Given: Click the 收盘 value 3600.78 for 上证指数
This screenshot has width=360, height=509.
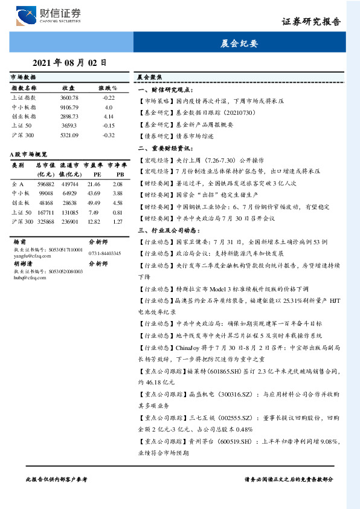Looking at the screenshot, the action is coord(69,97).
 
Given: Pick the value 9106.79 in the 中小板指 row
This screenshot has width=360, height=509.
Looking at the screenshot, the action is coord(69,106).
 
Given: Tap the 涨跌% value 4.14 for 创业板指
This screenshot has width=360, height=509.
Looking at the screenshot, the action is coord(109,115).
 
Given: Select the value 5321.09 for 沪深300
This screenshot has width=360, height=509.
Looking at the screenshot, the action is coord(69,135).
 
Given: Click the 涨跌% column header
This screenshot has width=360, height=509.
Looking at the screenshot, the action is coord(108,88).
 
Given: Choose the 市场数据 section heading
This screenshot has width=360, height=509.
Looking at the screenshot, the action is coord(24,77).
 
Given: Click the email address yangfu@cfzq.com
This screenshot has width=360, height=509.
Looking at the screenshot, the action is coord(27,254).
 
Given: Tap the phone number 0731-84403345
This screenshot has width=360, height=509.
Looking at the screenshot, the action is coord(104,253).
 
